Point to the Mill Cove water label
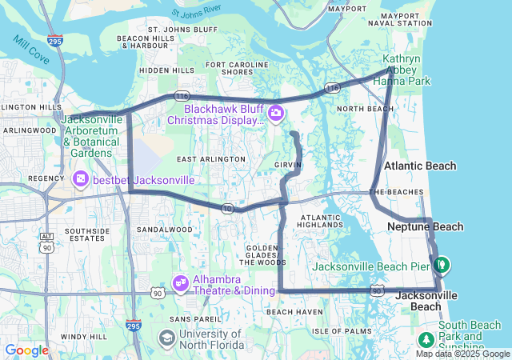tap(30, 53)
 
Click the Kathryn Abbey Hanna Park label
tap(406, 70)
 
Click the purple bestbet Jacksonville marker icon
tap(81, 179)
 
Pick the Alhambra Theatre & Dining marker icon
tap(180, 282)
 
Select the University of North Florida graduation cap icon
tap(166, 338)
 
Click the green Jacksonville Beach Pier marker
tap(441, 263)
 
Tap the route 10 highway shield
tap(228, 209)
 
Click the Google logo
tap(26, 350)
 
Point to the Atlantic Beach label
tap(420, 166)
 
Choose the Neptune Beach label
tap(425, 227)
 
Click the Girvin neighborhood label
tap(287, 163)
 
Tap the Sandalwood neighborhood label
tap(164, 230)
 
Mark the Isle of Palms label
tap(342, 330)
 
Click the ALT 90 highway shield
tap(47, 242)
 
